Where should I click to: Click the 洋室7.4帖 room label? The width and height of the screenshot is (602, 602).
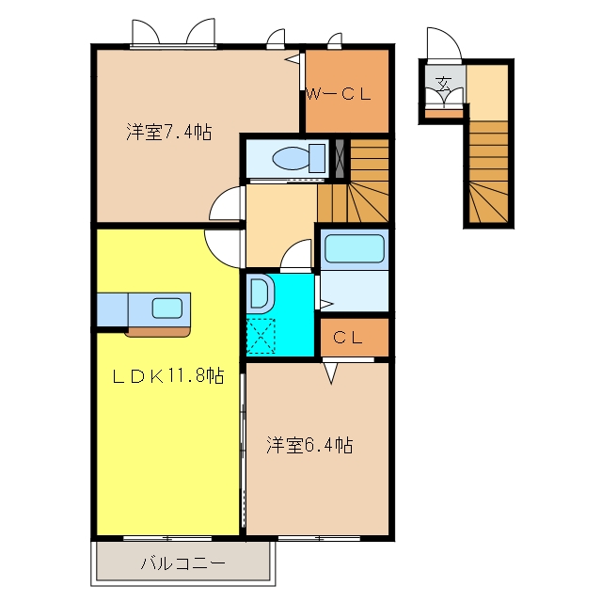(169, 132)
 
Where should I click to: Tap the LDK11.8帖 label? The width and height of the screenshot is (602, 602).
(168, 375)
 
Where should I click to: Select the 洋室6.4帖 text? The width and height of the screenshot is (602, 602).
(309, 445)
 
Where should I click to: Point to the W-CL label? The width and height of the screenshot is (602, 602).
(339, 94)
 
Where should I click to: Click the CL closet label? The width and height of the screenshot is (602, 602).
(348, 338)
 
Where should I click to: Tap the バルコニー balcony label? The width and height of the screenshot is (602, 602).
(183, 563)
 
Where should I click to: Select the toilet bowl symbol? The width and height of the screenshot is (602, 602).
(299, 158)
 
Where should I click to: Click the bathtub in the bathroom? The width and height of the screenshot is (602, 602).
(355, 248)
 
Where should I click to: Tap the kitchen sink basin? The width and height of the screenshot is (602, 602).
(167, 309)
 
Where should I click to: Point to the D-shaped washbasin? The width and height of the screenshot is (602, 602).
(261, 293)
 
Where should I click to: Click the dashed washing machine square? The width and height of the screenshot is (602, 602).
(261, 336)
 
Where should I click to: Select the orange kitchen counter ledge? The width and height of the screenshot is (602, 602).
(158, 332)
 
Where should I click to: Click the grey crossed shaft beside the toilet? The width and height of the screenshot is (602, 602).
(340, 159)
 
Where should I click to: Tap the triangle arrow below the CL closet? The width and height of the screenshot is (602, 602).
(331, 373)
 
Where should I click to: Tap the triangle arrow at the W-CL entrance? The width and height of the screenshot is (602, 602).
(293, 59)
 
